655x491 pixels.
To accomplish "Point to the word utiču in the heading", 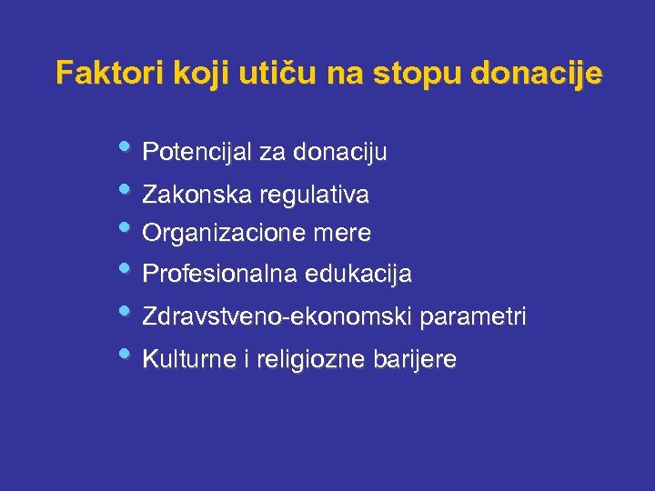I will pos(265,73).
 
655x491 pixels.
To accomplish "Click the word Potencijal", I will pos(197,152).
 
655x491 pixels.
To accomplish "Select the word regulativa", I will pos(314,195).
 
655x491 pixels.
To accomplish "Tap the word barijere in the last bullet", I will pos(415,360).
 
